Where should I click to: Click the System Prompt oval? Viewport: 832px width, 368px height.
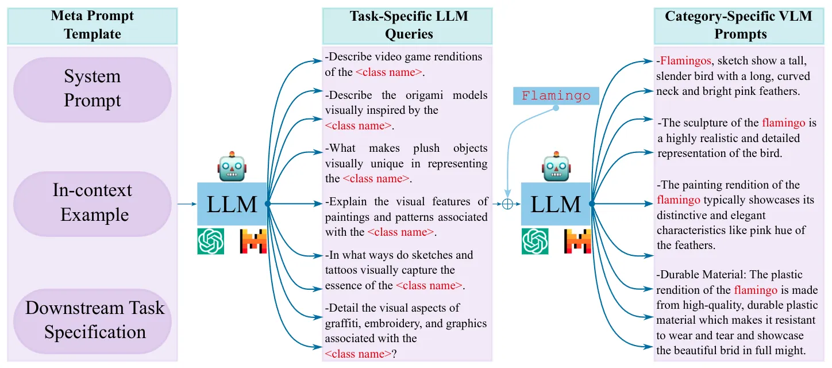92,90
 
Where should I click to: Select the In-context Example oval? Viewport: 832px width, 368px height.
92,204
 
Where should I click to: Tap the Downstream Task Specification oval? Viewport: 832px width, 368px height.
92,321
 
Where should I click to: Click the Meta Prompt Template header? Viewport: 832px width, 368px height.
92,26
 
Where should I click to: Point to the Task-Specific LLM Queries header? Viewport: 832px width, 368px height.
407,26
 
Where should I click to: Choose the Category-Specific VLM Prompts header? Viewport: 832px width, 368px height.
739,26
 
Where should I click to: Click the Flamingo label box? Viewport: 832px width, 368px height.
556,96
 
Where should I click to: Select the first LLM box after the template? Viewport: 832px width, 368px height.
232,204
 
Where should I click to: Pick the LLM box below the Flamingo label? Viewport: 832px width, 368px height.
556,204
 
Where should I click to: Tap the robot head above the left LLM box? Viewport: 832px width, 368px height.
232,167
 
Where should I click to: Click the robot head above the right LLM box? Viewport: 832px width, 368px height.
556,167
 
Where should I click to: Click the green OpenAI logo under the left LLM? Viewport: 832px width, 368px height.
211,241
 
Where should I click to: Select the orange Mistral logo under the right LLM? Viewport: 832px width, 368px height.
577,241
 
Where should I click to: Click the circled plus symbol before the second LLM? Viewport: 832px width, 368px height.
507,204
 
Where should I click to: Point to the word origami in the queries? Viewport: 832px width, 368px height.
424,95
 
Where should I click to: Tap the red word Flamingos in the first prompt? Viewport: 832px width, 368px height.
685,60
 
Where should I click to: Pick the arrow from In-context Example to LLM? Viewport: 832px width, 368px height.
187,204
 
